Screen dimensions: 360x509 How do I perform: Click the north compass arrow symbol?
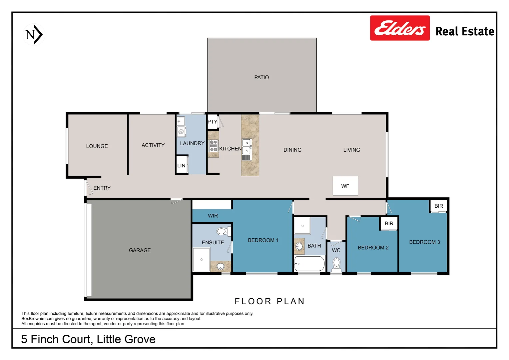[34, 35]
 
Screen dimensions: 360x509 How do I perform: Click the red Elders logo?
[399, 28]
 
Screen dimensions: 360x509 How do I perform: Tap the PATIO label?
[261, 77]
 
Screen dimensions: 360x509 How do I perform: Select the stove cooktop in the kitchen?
[213, 146]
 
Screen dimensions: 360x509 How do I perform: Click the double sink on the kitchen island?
[246, 146]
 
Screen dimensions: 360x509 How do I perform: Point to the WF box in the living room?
[345, 186]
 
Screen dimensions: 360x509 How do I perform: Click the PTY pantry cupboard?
[212, 122]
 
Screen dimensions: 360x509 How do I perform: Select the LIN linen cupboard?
[182, 165]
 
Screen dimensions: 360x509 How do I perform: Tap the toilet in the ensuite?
[222, 231]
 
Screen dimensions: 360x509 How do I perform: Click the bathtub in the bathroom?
[309, 264]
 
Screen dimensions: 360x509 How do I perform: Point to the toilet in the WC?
[336, 264]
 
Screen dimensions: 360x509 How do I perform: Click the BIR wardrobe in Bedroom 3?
[438, 206]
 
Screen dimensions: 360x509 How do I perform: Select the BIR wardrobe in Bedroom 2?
[389, 223]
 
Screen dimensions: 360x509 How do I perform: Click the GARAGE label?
[140, 250]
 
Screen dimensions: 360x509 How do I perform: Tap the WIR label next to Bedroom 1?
[213, 216]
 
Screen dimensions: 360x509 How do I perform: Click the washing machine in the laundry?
[181, 132]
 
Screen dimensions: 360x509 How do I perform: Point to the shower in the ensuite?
[202, 259]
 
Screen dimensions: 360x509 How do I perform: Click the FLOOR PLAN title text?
[269, 301]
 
